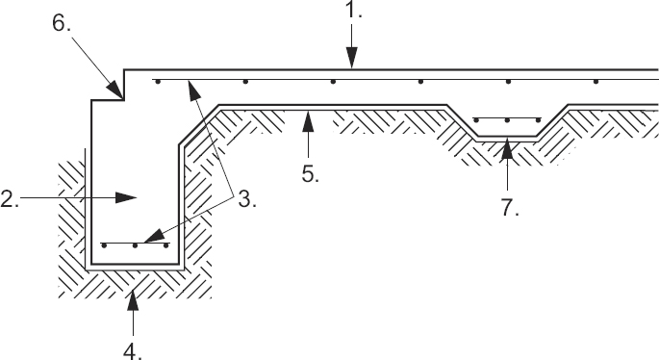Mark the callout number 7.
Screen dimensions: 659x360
(x=510, y=207)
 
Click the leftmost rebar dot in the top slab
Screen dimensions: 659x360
(x=157, y=82)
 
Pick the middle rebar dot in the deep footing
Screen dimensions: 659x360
(x=136, y=245)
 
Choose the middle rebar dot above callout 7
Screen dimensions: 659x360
(x=507, y=120)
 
